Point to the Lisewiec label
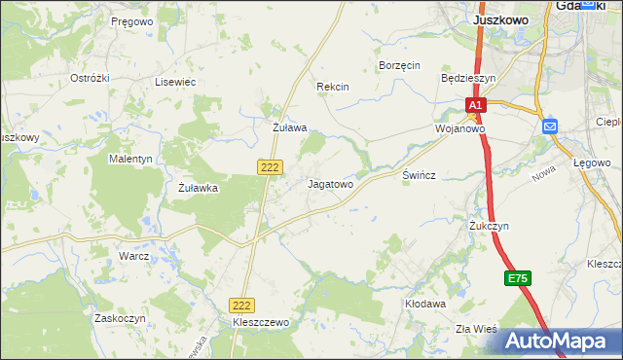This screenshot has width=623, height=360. (175, 83)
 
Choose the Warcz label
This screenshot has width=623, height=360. (133, 256)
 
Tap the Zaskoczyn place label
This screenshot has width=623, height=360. (120, 318)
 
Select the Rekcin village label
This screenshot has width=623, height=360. (332, 87)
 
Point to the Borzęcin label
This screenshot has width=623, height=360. (398, 65)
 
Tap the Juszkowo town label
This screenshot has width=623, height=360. (500, 18)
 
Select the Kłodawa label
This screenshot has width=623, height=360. (425, 304)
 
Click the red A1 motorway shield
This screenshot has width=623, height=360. (474, 105)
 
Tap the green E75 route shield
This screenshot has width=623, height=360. (518, 279)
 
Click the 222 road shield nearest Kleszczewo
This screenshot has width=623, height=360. (242, 305)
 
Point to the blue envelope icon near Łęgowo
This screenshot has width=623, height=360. (550, 126)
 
